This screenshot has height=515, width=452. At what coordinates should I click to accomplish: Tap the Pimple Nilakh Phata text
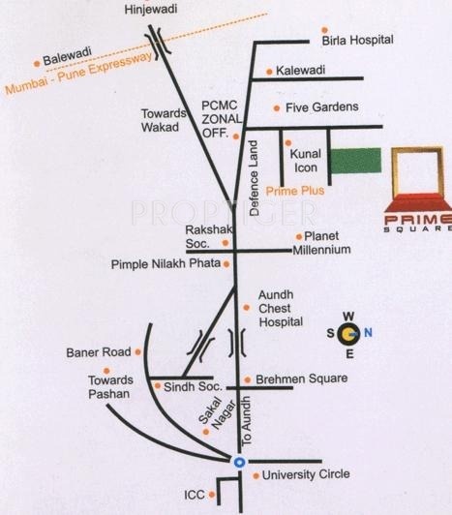click(x=165, y=263)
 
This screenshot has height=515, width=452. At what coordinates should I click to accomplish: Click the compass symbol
click(x=351, y=335)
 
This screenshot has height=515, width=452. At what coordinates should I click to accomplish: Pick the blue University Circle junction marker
click(x=239, y=462)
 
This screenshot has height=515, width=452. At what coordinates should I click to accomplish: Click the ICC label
click(x=196, y=494)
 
